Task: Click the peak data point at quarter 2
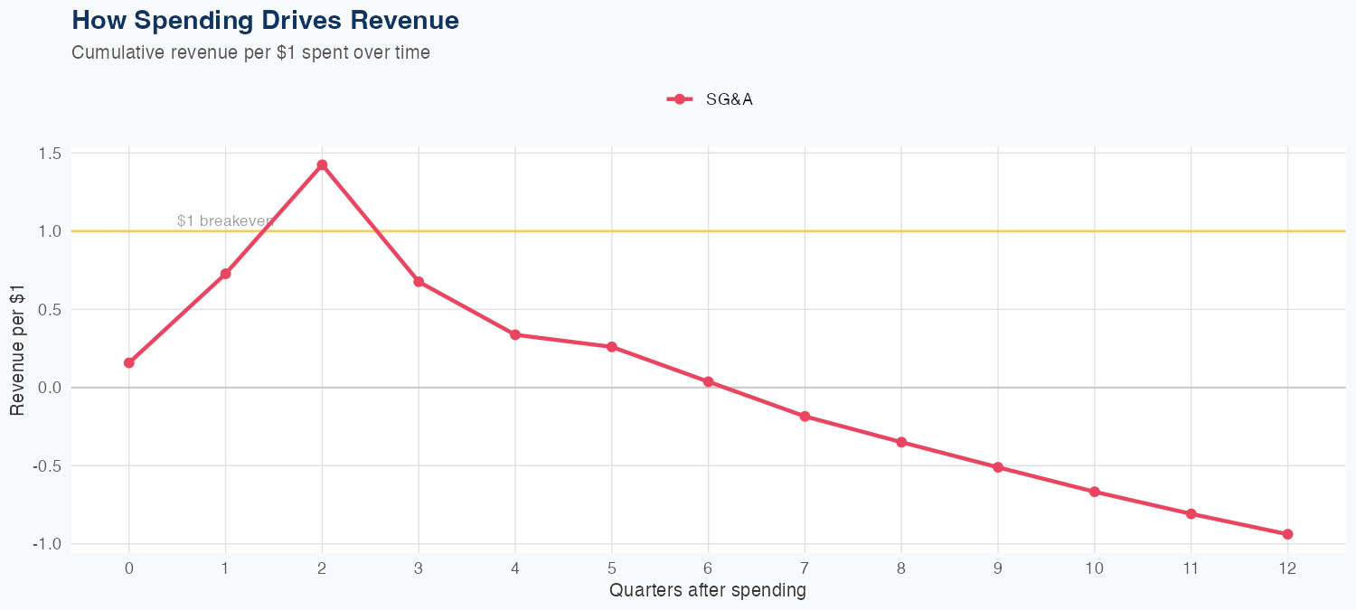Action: [322, 164]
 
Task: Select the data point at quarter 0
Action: [129, 362]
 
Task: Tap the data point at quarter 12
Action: [1287, 534]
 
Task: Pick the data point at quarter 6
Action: [708, 381]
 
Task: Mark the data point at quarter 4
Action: [515, 334]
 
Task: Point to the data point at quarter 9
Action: [998, 467]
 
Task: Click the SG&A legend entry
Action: [711, 99]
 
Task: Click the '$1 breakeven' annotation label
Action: [224, 221]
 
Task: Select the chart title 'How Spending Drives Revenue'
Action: [265, 20]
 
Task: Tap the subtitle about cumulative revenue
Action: [250, 52]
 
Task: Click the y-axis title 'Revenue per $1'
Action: [17, 348]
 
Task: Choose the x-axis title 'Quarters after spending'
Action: [708, 591]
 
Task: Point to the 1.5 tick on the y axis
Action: [50, 154]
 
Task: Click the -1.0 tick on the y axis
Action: [48, 544]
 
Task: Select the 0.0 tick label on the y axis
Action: [50, 388]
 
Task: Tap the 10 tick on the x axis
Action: [1094, 568]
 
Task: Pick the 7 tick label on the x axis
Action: [805, 568]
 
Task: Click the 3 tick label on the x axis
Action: [419, 568]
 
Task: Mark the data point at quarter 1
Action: [225, 273]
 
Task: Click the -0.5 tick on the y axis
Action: [48, 466]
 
